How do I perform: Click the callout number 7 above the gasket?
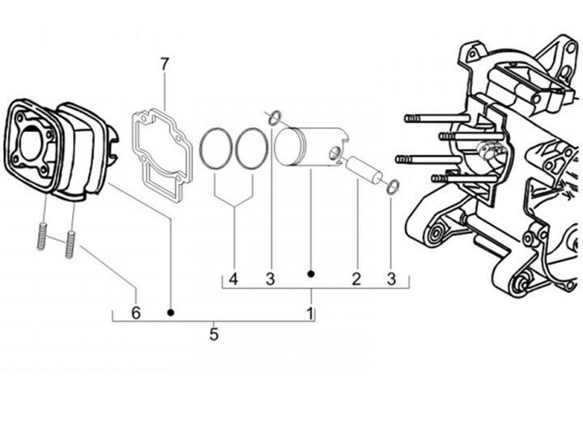pyautogui.click(x=164, y=63)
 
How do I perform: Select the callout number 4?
pyautogui.click(x=233, y=280)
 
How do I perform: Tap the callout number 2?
pyautogui.click(x=355, y=280)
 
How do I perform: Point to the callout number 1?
pyautogui.click(x=309, y=312)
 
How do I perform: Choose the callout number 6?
pyautogui.click(x=136, y=312)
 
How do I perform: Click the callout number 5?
pyautogui.click(x=214, y=333)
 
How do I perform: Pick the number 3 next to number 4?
pyautogui.click(x=270, y=280)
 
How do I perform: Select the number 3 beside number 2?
pyautogui.click(x=391, y=280)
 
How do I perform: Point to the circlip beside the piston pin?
pyautogui.click(x=392, y=187)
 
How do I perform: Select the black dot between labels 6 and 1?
pyautogui.click(x=171, y=311)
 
